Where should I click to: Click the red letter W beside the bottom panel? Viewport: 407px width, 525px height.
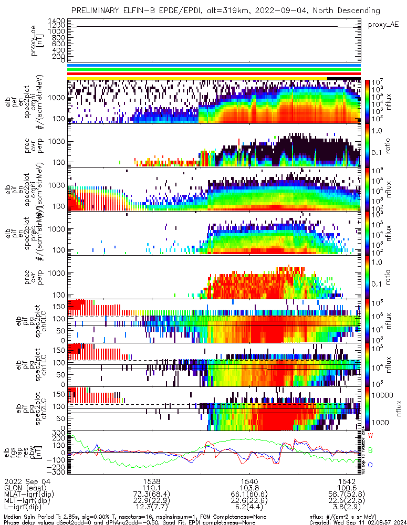[370, 436]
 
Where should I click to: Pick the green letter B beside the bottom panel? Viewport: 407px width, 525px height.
[370, 450]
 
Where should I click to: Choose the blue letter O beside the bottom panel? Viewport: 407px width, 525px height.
[370, 464]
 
